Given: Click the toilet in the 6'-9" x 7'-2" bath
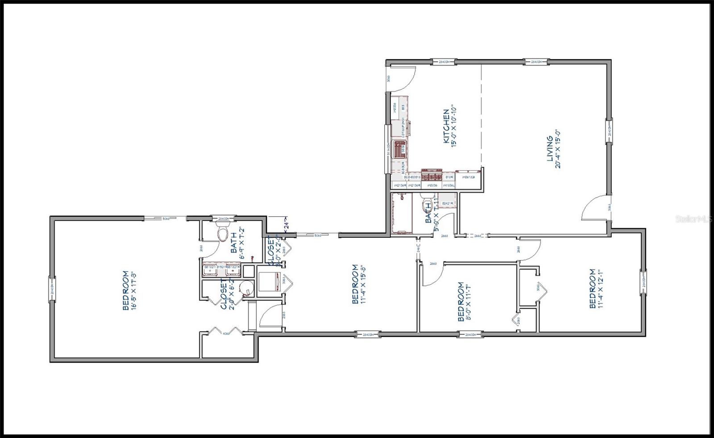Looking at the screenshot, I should coord(222,233).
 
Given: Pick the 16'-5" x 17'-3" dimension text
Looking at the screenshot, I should coord(132,291).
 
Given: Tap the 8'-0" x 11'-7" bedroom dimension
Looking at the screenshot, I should coord(468,302).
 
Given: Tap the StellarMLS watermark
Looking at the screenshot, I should coord(693,219).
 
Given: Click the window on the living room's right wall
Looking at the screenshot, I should coord(608,131).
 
